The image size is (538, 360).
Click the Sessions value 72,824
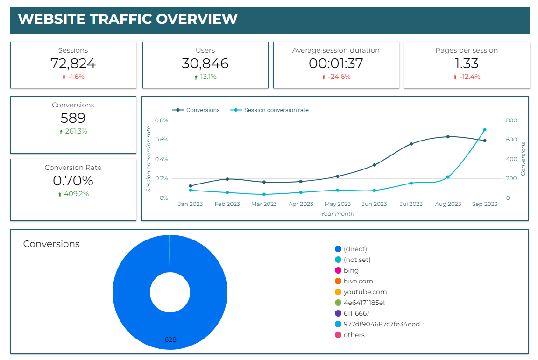73,64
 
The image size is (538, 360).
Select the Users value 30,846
205,64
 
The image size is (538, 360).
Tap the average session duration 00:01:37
336,64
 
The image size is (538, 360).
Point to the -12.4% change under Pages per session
467,77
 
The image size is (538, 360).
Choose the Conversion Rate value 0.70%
73,181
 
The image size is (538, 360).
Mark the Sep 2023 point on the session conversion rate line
485,130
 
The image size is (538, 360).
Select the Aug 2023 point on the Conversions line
448,137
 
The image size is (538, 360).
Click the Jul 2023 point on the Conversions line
411,144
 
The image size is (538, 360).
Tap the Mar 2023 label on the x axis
264,204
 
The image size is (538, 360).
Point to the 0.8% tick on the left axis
161,120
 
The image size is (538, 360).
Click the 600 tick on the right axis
511,140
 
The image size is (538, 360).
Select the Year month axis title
337,214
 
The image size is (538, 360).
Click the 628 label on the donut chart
170,339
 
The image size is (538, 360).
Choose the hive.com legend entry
358,281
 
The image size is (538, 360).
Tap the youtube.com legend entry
365,292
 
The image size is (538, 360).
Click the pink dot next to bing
338,270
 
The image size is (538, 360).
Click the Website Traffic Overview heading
127,19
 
